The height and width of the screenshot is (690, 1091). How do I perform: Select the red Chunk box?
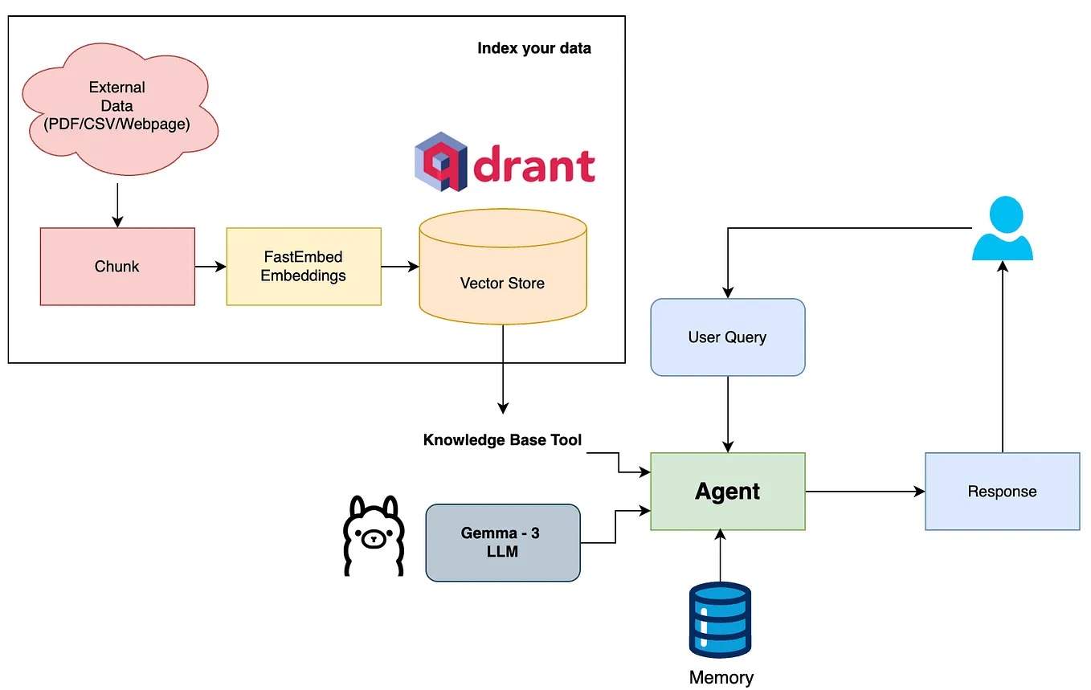point(117,267)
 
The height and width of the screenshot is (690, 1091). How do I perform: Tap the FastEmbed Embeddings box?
point(303,267)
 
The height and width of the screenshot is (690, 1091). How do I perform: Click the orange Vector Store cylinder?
point(502,277)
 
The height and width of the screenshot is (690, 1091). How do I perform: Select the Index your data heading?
point(533,48)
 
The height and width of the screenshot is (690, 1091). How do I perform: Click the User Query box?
point(727,337)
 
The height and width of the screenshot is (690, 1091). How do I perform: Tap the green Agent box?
point(727,491)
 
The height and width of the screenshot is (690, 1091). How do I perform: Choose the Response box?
point(1002,491)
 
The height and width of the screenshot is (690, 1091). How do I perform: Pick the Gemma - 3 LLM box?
point(502,542)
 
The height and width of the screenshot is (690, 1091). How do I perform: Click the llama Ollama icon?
point(372,536)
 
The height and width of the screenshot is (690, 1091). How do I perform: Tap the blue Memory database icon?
point(720,620)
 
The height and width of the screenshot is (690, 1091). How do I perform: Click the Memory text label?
point(721,677)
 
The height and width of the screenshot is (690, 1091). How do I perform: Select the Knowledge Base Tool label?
point(502,440)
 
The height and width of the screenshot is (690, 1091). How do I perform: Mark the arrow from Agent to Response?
point(864,491)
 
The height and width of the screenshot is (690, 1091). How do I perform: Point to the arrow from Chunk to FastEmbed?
point(210,267)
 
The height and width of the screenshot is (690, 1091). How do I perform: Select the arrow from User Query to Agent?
point(727,414)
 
